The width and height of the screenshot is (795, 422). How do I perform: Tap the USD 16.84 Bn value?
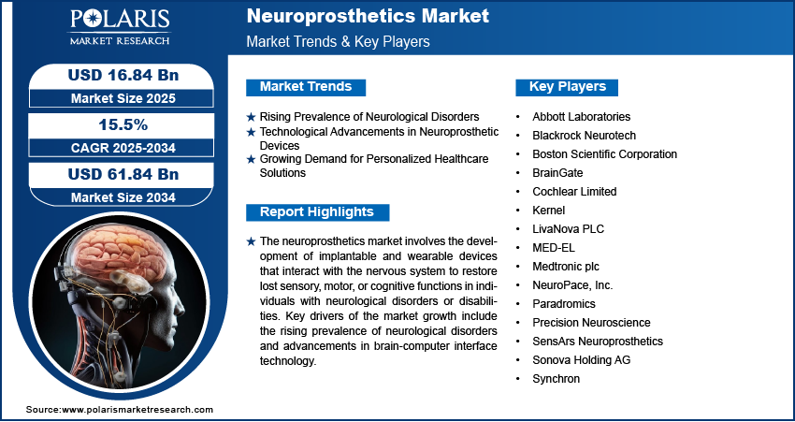(x=116, y=75)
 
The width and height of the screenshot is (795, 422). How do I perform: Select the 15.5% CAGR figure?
(x=116, y=124)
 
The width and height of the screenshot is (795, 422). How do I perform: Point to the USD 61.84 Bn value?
(x=116, y=174)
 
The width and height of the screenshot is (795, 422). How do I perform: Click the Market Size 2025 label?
(x=116, y=97)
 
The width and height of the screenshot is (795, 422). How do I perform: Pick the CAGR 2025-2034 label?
(x=116, y=148)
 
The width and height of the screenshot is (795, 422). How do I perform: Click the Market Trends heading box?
(x=305, y=87)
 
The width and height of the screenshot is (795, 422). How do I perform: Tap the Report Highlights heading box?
(x=316, y=211)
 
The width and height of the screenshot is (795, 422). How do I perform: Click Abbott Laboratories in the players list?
(x=581, y=117)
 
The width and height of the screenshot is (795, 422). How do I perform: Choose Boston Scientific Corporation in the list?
(x=604, y=154)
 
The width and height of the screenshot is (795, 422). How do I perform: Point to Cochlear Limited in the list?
(x=574, y=192)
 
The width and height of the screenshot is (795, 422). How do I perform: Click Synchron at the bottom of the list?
(x=556, y=379)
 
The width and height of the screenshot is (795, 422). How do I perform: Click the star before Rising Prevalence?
(x=251, y=117)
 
